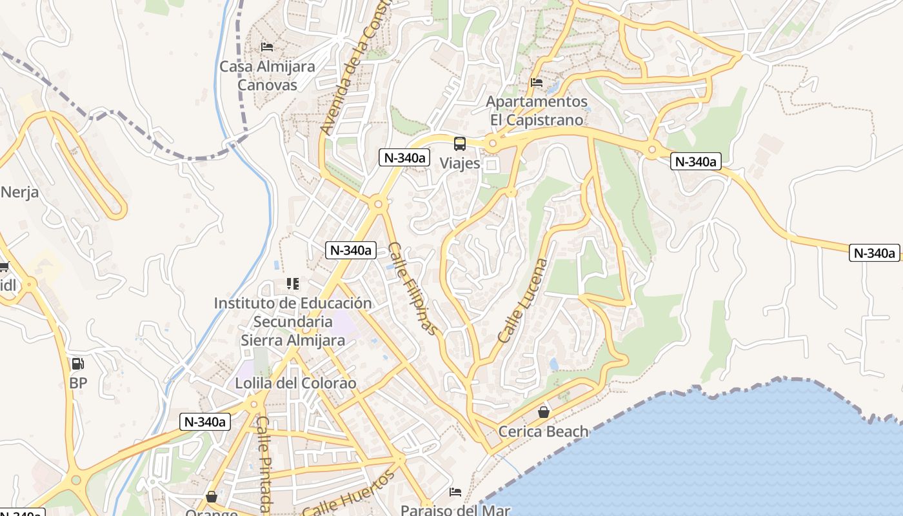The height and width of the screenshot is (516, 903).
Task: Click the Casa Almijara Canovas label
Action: coord(267,75)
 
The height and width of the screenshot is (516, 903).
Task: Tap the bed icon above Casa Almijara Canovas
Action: coord(267,47)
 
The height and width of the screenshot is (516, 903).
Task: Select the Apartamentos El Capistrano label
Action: coord(537,111)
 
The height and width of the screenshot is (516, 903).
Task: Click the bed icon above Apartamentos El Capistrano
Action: coord(537,83)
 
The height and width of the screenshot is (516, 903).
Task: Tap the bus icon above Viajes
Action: coord(460,144)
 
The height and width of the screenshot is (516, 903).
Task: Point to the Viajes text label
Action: coord(460,163)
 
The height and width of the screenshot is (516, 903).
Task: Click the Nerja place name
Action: coord(19,192)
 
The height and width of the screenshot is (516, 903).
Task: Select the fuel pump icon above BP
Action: coord(78,364)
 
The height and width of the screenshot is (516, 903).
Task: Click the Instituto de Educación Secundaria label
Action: coord(293,321)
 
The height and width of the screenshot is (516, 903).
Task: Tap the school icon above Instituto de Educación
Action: coord(293,284)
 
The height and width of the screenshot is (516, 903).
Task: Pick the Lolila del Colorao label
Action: coord(295,383)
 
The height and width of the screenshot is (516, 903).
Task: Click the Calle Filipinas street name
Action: coord(413,288)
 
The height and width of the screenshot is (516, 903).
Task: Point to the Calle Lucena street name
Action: coord(523,301)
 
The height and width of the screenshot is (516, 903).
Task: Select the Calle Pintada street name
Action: coord(263,463)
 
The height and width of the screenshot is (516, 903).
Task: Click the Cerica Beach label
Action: coord(544,432)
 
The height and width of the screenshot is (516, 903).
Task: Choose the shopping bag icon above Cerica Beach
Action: coord(544,412)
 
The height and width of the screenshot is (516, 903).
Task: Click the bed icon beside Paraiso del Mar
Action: coord(455,492)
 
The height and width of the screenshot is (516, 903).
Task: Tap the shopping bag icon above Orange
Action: coord(212,497)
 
